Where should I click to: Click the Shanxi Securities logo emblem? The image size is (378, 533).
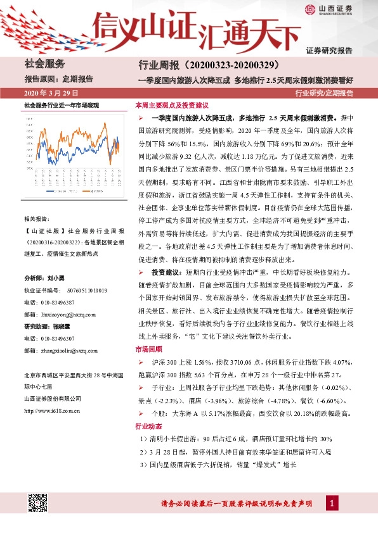click(310, 9)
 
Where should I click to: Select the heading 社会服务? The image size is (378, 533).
click(44, 63)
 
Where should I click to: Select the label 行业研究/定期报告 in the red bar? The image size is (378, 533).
click(325, 93)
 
